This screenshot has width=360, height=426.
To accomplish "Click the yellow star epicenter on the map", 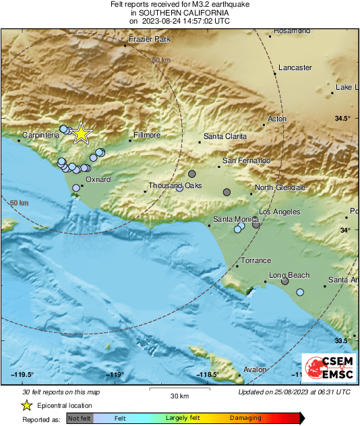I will [x=81, y=133].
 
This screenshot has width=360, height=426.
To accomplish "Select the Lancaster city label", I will [x=295, y=67].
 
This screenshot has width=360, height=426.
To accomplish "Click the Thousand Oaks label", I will [x=175, y=185].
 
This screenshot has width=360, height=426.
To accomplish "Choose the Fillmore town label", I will [x=147, y=135].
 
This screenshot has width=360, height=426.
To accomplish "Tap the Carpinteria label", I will [x=41, y=135].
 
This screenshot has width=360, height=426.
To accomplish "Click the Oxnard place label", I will [x=98, y=179].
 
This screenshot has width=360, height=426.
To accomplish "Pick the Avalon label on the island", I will [x=256, y=369].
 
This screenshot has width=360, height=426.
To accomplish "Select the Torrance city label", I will [x=256, y=260].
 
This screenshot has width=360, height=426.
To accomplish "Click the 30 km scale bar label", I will [x=179, y=395].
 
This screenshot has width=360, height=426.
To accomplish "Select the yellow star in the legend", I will [x=26, y=405].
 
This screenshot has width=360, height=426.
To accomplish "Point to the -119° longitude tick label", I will [x=116, y=374].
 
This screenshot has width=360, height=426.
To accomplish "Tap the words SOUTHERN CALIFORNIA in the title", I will [x=179, y=13].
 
